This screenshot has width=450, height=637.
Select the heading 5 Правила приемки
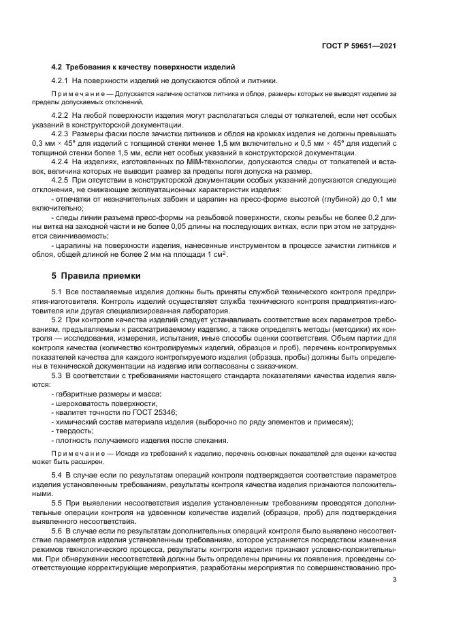tap(96, 276)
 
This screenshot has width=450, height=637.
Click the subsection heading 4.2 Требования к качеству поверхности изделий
tap(144, 67)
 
